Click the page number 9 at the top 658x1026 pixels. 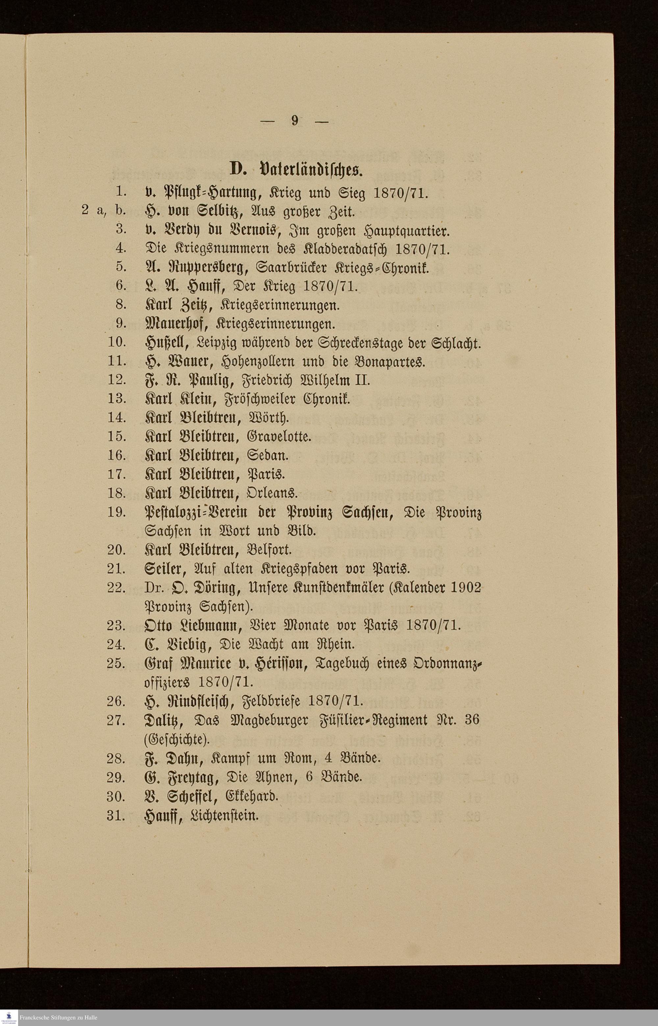[x=295, y=121]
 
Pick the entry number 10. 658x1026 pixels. [x=116, y=342]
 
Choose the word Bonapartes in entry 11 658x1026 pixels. [x=389, y=362]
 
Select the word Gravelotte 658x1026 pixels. [x=279, y=436]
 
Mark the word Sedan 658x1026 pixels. [x=267, y=455]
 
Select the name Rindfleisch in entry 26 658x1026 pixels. [x=199, y=701]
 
